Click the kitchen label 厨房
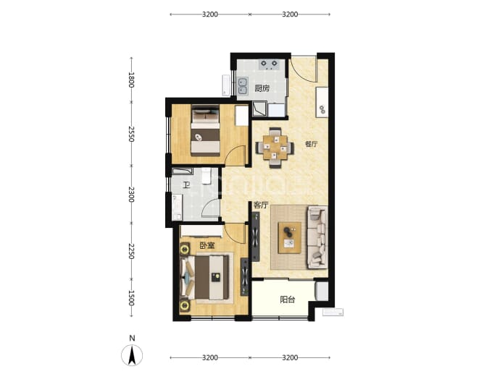(262, 88)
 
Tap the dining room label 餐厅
(311, 144)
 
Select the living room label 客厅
(261, 205)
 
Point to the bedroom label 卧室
(207, 246)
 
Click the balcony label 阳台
(287, 299)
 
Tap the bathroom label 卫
(186, 185)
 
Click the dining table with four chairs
(275, 148)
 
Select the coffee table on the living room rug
(290, 237)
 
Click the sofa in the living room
(317, 237)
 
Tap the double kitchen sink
(243, 86)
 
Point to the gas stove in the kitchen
(269, 65)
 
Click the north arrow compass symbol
(132, 355)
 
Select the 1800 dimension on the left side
(131, 80)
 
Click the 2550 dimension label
(131, 134)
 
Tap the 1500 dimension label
(131, 298)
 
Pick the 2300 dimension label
(131, 195)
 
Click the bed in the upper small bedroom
(206, 130)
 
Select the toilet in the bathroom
(207, 176)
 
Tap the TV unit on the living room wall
(255, 237)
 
